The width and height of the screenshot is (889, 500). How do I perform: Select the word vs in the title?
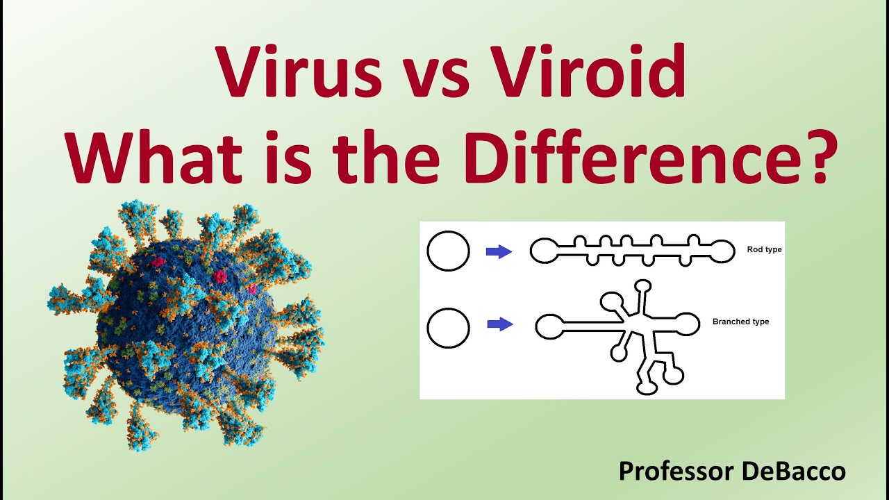point(436,75)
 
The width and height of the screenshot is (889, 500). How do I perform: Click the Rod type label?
point(764,249)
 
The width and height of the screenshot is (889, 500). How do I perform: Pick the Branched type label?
point(740,322)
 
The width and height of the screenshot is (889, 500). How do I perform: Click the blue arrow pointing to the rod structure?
point(499,251)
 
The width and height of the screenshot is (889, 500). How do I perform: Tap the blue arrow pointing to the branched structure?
point(500,324)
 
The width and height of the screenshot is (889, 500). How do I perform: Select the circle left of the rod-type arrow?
point(449,251)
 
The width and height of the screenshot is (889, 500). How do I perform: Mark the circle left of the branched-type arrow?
point(449,328)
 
